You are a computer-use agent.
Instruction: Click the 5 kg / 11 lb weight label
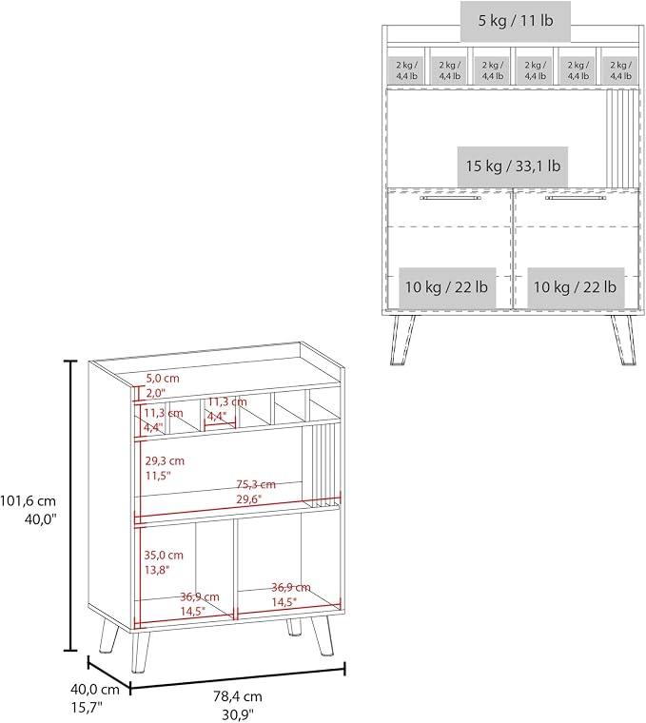point(515,21)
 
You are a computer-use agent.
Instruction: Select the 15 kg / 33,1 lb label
point(513,166)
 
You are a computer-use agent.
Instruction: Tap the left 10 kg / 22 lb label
point(447,287)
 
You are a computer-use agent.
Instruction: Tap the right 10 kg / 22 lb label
point(576,287)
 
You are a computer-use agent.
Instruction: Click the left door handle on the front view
point(450,198)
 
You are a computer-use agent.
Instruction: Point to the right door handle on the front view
point(575,198)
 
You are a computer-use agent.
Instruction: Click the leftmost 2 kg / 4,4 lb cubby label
point(406,70)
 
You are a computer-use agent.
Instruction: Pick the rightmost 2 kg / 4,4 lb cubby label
point(620,70)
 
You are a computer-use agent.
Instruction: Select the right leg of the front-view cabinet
point(624,340)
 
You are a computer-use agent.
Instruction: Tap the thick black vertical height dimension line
point(70,505)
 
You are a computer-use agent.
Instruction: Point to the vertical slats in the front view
point(622,138)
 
